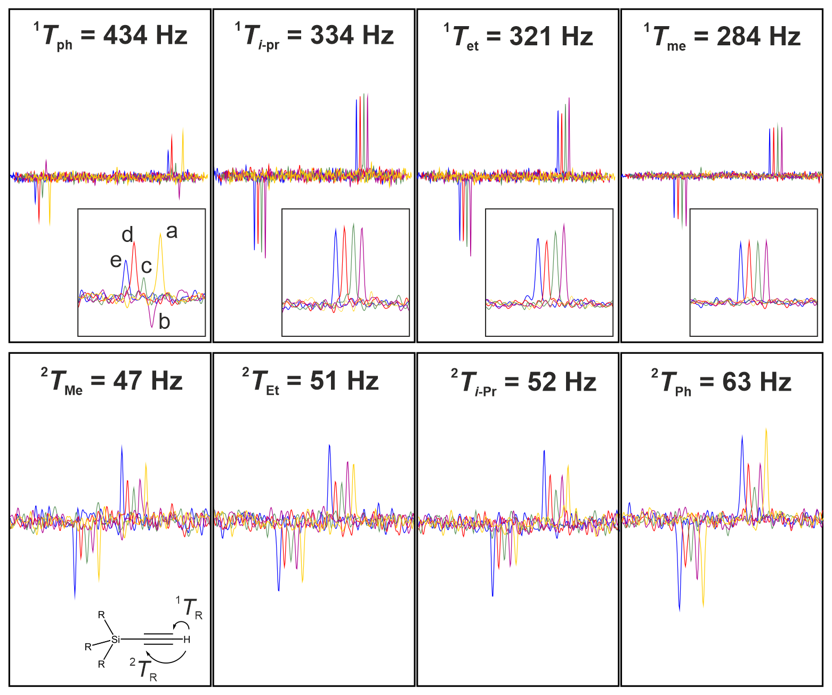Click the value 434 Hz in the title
point(145,36)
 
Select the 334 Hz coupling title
point(314,36)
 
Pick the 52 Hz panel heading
point(523,382)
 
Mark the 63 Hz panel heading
point(721,382)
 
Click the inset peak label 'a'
point(172,231)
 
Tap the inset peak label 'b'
point(164,322)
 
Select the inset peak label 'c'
point(147,266)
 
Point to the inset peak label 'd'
point(127,235)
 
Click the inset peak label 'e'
point(116,261)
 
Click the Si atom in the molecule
point(116,639)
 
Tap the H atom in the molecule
point(187,640)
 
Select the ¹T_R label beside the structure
point(190,608)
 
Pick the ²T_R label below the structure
point(143,669)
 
